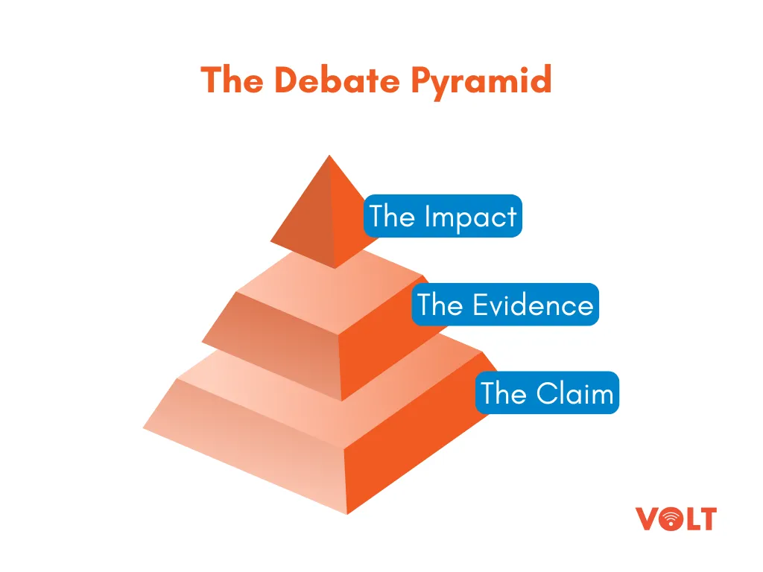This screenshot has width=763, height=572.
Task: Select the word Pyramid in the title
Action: pyautogui.click(x=481, y=82)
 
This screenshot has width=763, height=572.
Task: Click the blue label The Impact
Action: pyautogui.click(x=443, y=216)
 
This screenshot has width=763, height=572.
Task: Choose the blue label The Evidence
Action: pyautogui.click(x=505, y=305)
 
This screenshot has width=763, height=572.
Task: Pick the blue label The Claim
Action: pyautogui.click(x=547, y=393)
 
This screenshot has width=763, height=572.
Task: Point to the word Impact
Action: pyautogui.click(x=471, y=217)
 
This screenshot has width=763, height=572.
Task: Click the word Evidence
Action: pyautogui.click(x=533, y=305)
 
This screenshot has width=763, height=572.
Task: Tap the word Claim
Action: pyautogui.click(x=574, y=393)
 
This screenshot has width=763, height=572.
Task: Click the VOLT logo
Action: pyautogui.click(x=676, y=518)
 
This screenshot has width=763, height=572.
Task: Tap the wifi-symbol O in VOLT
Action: pyautogui.click(x=671, y=519)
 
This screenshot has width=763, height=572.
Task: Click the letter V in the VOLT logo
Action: pyautogui.click(x=648, y=518)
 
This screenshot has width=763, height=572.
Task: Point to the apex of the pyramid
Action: pyautogui.click(x=329, y=155)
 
